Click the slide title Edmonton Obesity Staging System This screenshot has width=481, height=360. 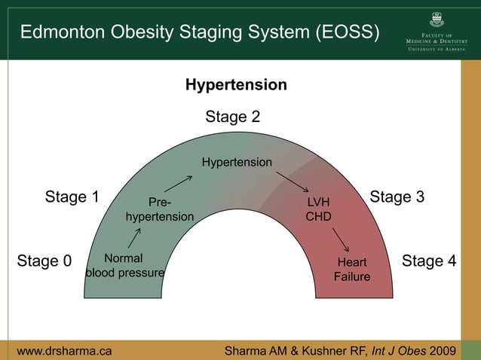point(199,32)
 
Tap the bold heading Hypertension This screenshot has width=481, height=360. point(236,85)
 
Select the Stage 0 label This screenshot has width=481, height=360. point(44,261)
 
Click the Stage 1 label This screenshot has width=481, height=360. point(72,197)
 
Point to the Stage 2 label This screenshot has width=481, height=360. point(233,117)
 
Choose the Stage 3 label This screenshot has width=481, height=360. point(397,197)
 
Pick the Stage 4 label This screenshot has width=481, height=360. point(429,261)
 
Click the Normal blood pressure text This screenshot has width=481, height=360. point(124,266)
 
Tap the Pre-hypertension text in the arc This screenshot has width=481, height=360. point(159,209)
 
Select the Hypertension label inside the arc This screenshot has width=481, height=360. point(237,163)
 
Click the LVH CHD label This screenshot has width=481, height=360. point(318,209)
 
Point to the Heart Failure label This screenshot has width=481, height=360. point(352,270)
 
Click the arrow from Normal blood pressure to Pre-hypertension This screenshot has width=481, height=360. point(135,238)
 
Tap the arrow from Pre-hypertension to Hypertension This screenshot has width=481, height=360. point(178,184)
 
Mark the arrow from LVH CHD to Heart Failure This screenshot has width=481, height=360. point(341,240)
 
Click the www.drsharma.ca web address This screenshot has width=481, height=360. point(65,350)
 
